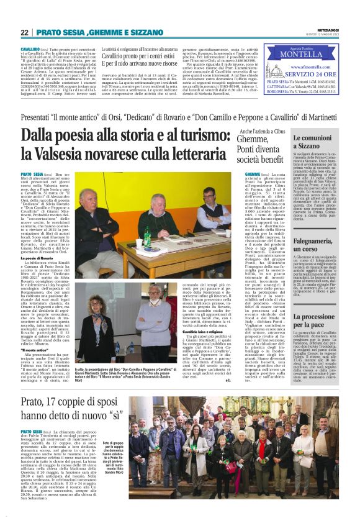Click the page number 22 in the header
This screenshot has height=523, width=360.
click(24, 32)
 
